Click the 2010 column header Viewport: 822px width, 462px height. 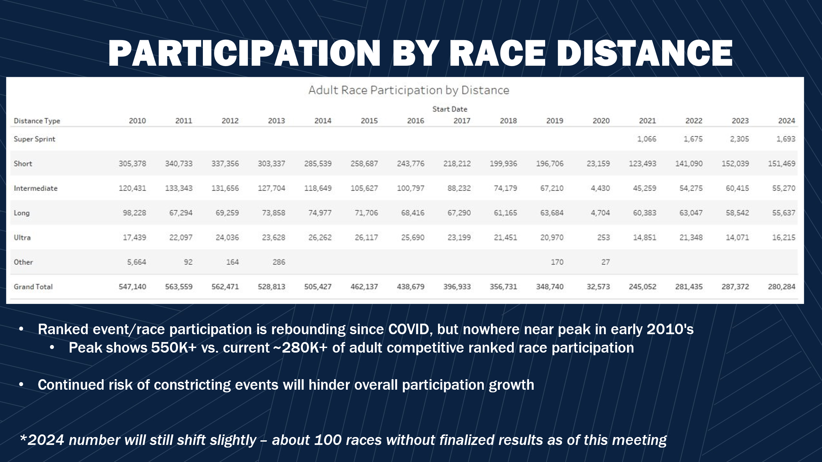tap(137, 121)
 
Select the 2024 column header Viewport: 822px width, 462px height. tap(786, 121)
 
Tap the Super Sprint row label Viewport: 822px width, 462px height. tap(35, 139)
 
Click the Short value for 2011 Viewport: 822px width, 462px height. tap(179, 163)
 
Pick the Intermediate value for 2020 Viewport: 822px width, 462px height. tap(600, 188)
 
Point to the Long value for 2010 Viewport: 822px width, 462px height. tap(135, 213)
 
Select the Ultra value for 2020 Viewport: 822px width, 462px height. tap(604, 237)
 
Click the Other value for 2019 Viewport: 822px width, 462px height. tap(557, 262)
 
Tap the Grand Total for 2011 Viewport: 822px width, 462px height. tap(179, 287)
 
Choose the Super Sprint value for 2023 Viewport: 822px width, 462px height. tap(739, 139)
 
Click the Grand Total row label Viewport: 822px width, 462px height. tap(33, 287)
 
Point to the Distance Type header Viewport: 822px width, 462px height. tap(37, 121)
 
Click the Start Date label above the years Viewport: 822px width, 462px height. tap(450, 109)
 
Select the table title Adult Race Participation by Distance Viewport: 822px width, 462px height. tap(409, 90)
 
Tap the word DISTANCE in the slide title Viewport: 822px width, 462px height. tap(644, 53)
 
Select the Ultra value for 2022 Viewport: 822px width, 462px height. tap(691, 237)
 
